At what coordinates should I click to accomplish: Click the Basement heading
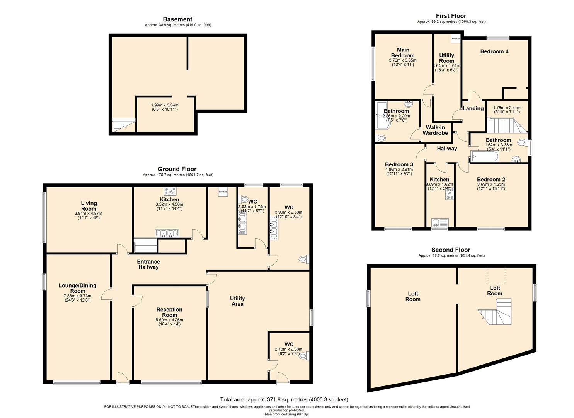click(177, 19)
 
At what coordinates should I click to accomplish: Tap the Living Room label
click(89, 206)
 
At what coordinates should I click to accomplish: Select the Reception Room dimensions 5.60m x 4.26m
click(169, 320)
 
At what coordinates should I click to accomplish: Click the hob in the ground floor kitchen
click(170, 191)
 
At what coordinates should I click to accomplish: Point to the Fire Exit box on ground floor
click(223, 192)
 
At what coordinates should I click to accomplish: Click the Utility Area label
click(237, 301)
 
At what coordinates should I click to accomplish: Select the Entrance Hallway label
click(148, 264)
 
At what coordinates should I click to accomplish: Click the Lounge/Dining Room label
click(78, 288)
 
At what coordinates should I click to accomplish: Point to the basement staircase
click(124, 126)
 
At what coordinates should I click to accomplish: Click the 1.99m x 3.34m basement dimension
click(164, 107)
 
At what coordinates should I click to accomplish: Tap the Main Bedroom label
click(403, 53)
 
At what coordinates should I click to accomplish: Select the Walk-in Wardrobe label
click(435, 130)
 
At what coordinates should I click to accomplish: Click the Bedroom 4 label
click(494, 51)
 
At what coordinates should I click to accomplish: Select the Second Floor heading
click(451, 250)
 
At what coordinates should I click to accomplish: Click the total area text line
click(284, 400)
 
